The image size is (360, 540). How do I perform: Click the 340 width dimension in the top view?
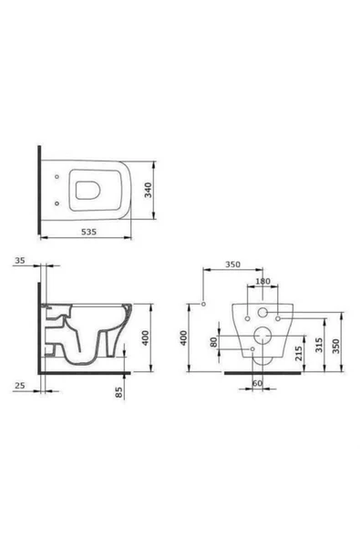(x=148, y=190)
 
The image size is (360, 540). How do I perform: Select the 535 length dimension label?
(x=88, y=232)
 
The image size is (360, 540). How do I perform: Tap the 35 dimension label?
(x=20, y=260)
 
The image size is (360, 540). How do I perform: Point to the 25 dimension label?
(x=20, y=385)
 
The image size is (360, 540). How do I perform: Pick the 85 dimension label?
(x=119, y=392)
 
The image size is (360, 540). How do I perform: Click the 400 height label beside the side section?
(x=146, y=337)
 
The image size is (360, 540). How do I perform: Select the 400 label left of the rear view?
(x=184, y=337)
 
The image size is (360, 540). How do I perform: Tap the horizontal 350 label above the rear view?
(x=232, y=265)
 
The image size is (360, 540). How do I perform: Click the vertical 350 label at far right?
(x=336, y=346)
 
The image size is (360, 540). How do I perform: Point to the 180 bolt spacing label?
(x=263, y=281)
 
